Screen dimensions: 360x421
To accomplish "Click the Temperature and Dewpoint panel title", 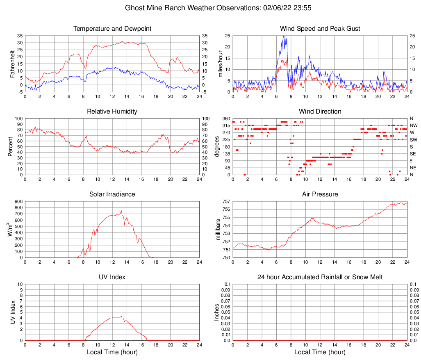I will coord(112,29).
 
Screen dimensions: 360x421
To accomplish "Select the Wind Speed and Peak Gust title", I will coord(320,29).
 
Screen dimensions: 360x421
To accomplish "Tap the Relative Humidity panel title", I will coord(112,112).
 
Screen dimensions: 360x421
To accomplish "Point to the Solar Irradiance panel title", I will coord(112,194).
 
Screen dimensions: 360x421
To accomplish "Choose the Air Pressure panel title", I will coord(320,194).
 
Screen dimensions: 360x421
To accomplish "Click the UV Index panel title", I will coord(112,277).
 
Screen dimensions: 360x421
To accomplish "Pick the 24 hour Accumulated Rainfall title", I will coord(320,277).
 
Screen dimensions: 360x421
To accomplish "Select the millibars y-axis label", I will coord(218,230).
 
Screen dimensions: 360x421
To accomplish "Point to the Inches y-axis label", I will coord(217,312).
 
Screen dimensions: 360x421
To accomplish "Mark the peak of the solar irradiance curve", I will coord(121,211).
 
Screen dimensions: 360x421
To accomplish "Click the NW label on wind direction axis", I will coord(414,125).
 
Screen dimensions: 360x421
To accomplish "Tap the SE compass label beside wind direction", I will coord(413,154).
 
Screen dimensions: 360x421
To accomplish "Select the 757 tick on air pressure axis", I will coord(226,201).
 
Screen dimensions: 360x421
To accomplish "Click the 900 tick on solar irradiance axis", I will coord(18,201).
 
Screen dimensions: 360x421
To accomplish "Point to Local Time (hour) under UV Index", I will coord(112,352).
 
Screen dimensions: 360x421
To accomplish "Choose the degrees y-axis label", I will coord(217,146).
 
